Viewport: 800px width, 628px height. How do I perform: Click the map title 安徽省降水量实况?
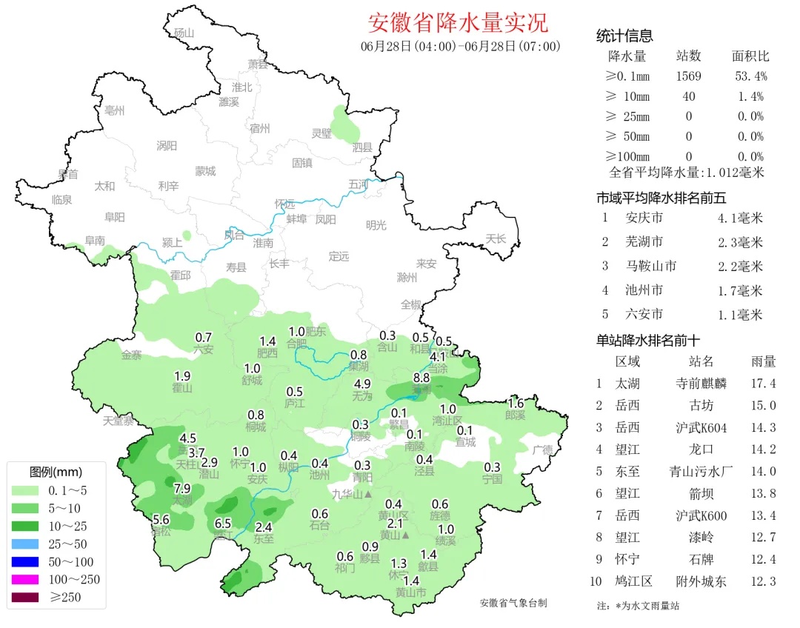[458, 22]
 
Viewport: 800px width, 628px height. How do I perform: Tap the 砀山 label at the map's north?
[183, 33]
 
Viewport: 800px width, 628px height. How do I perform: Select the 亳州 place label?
[115, 111]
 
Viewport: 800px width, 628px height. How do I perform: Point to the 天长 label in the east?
[496, 238]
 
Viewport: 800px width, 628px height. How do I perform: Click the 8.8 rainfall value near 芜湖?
[421, 378]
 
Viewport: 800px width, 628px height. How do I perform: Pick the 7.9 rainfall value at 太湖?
[183, 488]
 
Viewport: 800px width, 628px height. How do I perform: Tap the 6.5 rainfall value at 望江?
[223, 523]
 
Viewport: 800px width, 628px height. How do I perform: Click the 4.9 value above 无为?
[363, 384]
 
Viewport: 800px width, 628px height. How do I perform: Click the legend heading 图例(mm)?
[56, 472]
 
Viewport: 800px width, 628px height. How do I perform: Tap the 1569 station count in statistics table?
[688, 76]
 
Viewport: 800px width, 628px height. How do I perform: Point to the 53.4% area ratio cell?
[750, 76]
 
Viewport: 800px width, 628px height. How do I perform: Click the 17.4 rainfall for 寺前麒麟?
[762, 384]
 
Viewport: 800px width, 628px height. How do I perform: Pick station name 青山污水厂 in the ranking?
[701, 471]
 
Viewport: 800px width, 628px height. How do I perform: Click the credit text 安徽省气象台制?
[513, 603]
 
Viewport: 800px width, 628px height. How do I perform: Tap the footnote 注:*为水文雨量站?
[638, 606]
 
